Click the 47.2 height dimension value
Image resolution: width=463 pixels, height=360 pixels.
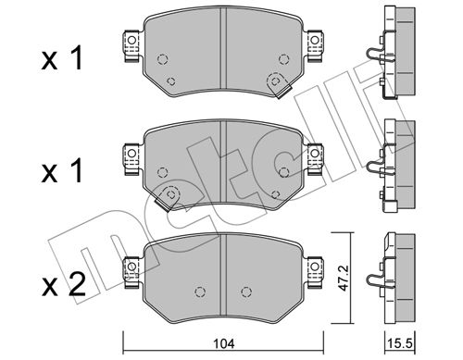343,278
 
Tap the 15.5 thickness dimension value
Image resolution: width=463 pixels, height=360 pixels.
400,343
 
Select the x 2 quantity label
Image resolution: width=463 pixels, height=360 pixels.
63,284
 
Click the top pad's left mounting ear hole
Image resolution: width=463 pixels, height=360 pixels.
131,40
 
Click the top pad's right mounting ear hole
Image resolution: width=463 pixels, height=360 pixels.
315,40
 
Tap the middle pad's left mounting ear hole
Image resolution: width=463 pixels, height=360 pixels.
131,153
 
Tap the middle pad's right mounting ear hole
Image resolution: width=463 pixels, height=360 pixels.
315,153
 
